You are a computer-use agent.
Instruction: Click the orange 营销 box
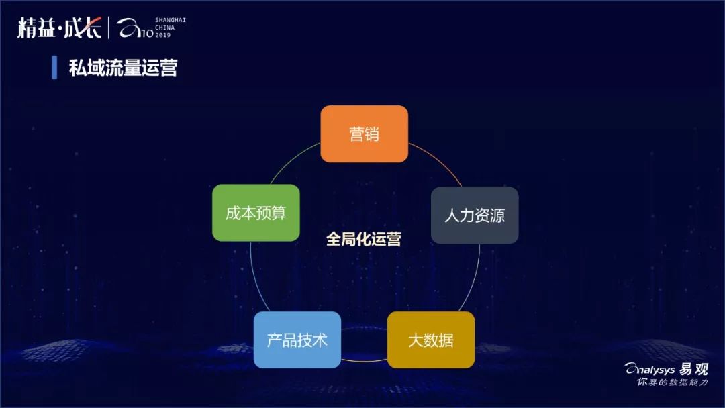click(x=364, y=134)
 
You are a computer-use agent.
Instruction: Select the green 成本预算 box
click(x=256, y=213)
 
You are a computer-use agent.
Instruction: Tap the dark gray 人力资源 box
click(x=475, y=215)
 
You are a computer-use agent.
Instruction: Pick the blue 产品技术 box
click(x=297, y=340)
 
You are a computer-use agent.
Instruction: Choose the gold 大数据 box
click(x=431, y=340)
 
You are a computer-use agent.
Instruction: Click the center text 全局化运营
click(x=363, y=240)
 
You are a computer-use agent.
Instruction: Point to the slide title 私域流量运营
click(x=123, y=68)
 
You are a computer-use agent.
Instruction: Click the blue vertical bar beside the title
click(x=54, y=68)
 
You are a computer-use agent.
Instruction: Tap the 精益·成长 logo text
click(x=59, y=28)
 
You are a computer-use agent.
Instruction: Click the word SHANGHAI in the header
click(x=171, y=20)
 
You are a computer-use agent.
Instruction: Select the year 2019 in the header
click(x=163, y=35)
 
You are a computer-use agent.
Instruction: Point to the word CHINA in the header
click(x=165, y=28)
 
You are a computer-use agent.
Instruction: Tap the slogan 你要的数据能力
click(x=672, y=382)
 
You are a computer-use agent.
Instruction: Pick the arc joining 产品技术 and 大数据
click(x=364, y=360)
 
